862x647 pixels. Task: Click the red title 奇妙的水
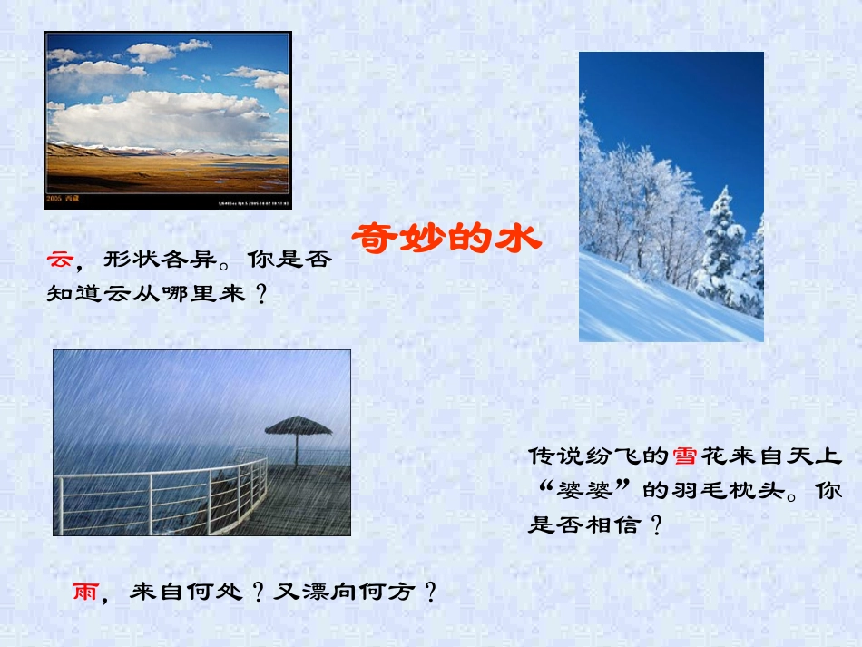[446, 239]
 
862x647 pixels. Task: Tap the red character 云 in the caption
[60, 260]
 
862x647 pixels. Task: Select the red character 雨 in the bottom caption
[85, 593]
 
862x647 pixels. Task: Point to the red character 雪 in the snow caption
[684, 456]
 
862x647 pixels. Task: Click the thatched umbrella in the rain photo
[298, 427]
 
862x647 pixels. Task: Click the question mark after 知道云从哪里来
[260, 294]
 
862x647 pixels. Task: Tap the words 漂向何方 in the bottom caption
[358, 593]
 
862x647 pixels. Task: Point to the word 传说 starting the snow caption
[553, 456]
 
